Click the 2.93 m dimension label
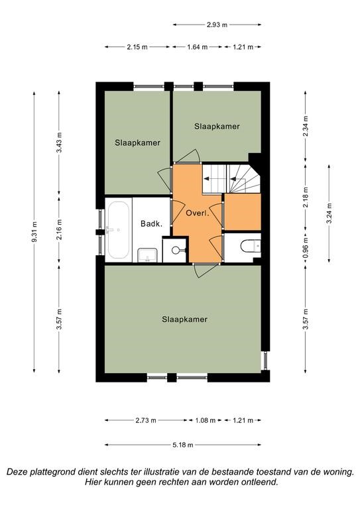click(x=217, y=25)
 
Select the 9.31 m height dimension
click(x=34, y=233)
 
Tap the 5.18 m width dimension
click(x=183, y=445)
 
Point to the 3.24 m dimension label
click(x=329, y=213)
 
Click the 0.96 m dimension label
click(x=306, y=248)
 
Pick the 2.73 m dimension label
click(x=145, y=420)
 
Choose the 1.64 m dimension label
click(x=197, y=47)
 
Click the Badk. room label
click(x=151, y=223)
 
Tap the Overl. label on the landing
click(x=197, y=213)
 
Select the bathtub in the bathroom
click(x=118, y=230)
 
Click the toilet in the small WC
click(x=251, y=246)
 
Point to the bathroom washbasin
click(x=147, y=254)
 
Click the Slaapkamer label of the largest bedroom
click(x=184, y=319)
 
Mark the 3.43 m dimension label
click(x=59, y=142)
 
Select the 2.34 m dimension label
click(x=306, y=127)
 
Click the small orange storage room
click(x=243, y=212)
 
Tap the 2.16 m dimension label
click(x=59, y=229)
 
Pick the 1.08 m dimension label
click(x=205, y=420)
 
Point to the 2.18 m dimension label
click(x=306, y=198)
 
